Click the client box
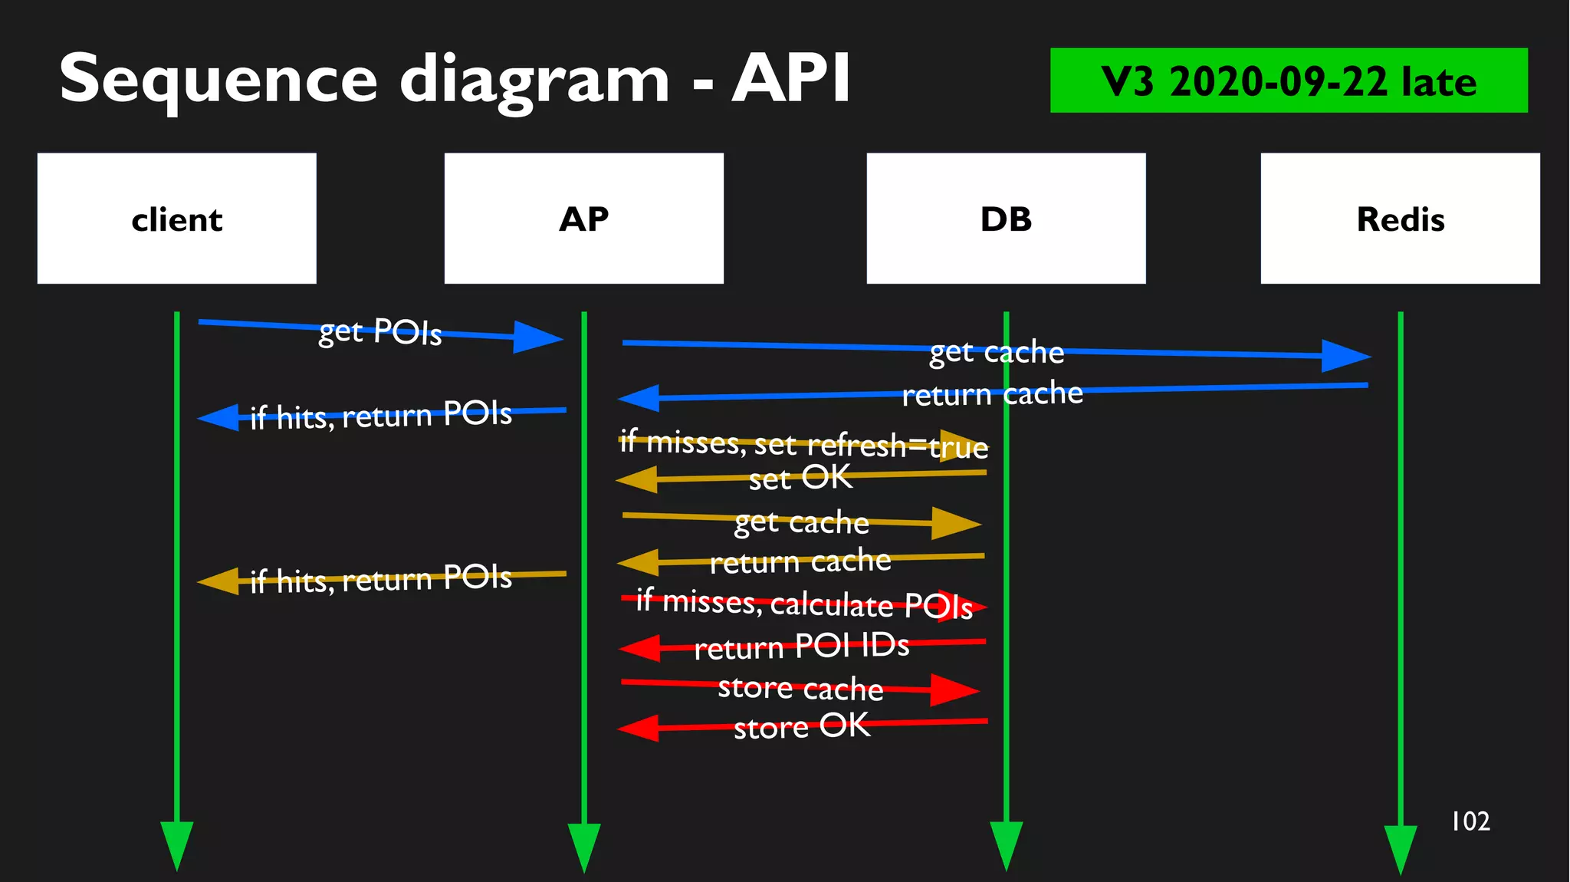177,219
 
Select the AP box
583,219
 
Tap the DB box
1006,219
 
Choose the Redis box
1400,219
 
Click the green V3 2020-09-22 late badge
1288,81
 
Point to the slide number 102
1470,821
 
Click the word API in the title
790,78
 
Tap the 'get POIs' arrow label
380,331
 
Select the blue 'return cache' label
992,394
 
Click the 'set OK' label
800,478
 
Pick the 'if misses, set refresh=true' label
803,444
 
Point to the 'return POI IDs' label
802,647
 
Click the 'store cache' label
800,688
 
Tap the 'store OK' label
802,726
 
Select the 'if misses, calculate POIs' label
804,604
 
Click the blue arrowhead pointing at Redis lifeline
1346,356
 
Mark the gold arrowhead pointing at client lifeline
219,581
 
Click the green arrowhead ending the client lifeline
176,844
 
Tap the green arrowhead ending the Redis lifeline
1400,848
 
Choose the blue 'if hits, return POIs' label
381,416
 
